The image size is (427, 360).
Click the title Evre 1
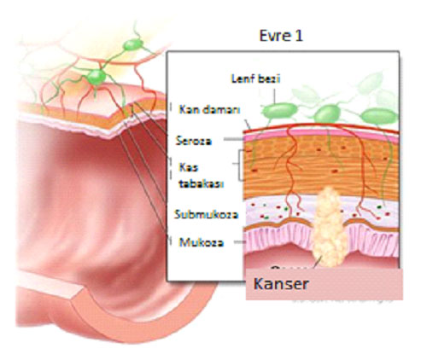[x=281, y=36]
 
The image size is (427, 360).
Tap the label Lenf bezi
[x=255, y=78]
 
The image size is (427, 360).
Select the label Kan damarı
[x=209, y=109]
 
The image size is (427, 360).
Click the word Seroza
[x=194, y=141]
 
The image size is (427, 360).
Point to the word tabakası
[x=201, y=183]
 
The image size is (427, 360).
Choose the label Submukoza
[x=206, y=214]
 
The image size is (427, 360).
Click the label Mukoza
[x=202, y=242]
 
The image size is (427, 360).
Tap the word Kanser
[x=281, y=284]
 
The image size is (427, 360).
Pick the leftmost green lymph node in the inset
[x=279, y=111]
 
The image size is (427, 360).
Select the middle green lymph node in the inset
[x=328, y=113]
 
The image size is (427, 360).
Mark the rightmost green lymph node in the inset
[x=378, y=116]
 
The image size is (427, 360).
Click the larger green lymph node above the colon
[x=97, y=77]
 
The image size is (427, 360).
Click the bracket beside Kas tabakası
[x=239, y=165]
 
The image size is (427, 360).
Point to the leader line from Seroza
[x=233, y=139]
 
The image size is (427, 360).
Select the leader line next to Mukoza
[x=240, y=242]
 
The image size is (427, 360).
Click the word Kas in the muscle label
[x=188, y=167]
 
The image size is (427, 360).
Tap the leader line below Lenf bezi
[x=275, y=96]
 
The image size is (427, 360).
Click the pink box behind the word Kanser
[x=325, y=284]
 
